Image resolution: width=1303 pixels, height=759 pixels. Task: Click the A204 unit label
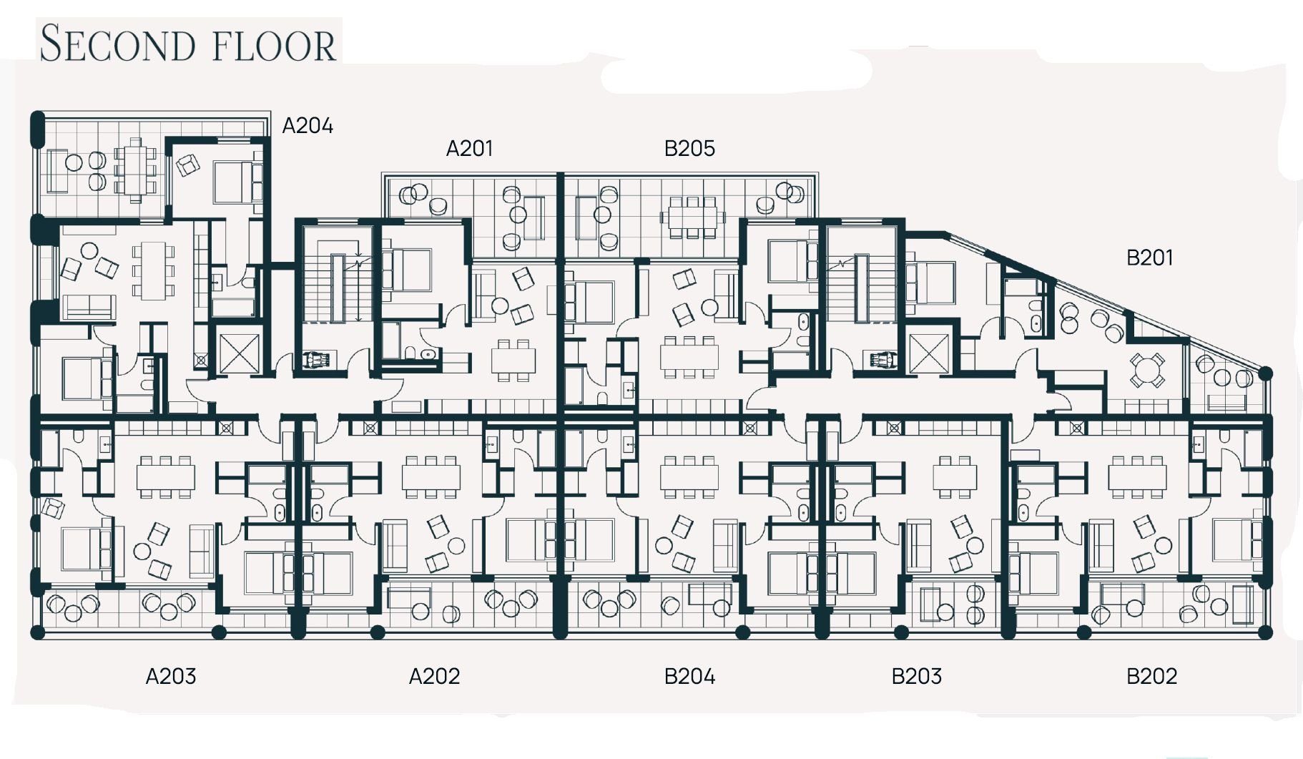(x=308, y=126)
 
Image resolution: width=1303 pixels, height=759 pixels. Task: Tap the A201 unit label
(x=469, y=148)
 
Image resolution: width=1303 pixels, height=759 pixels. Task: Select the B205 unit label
(x=689, y=148)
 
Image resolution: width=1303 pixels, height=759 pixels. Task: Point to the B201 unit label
(x=1149, y=258)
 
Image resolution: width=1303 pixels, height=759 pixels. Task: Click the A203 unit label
(x=170, y=676)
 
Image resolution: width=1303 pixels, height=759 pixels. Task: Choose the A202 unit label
(x=434, y=676)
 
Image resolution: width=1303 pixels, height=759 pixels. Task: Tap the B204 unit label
(x=689, y=676)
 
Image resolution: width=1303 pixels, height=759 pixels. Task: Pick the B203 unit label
(x=916, y=676)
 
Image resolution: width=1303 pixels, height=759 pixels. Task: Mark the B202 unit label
(x=1151, y=676)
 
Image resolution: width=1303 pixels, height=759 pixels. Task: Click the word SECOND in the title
(x=117, y=44)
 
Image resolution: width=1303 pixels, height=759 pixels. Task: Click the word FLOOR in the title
(x=275, y=45)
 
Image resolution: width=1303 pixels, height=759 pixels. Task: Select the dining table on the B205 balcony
(x=692, y=217)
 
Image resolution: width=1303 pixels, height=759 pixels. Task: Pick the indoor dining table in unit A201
(x=513, y=361)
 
